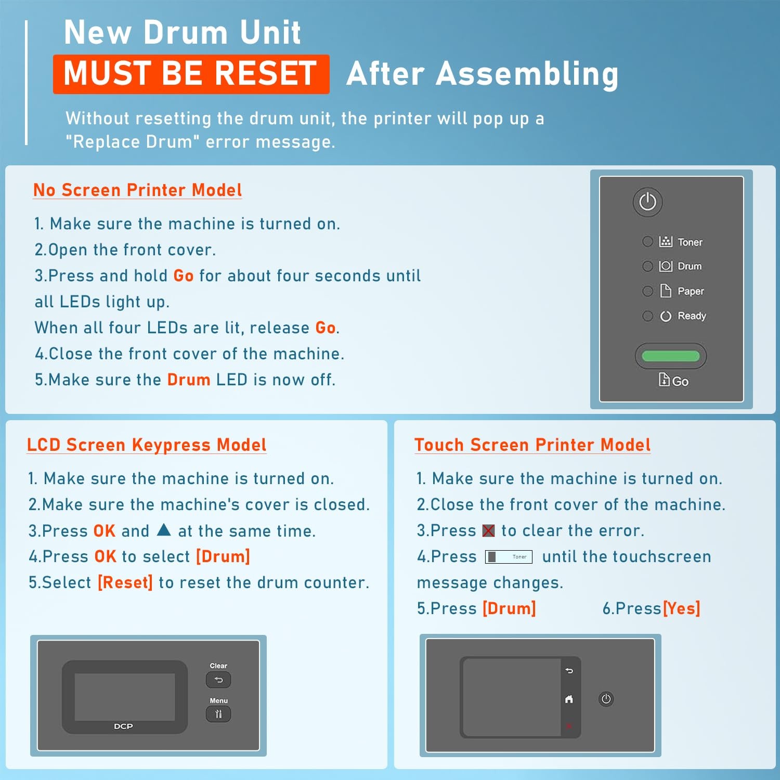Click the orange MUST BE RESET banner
click(191, 74)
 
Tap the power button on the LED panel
click(647, 202)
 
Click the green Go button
click(671, 356)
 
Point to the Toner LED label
click(690, 242)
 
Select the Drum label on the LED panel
click(690, 266)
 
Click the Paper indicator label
click(691, 291)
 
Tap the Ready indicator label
click(692, 316)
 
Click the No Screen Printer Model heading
click(138, 190)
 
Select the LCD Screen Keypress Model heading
click(147, 445)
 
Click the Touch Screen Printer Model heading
click(532, 445)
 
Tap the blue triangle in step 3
click(164, 530)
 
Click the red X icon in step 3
click(488, 530)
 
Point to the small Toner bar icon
click(509, 557)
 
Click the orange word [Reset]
click(125, 582)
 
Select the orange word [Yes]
click(681, 608)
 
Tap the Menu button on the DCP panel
click(218, 714)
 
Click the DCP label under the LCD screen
click(123, 726)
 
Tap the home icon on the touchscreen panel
click(569, 699)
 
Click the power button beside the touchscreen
click(606, 699)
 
